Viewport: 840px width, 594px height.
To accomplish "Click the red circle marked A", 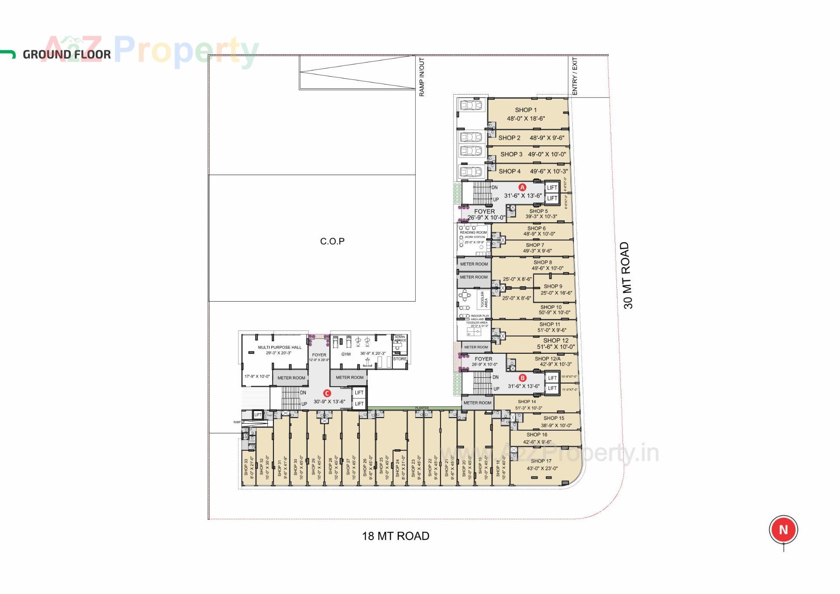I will [x=522, y=187].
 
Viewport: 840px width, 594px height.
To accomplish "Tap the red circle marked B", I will [x=522, y=378].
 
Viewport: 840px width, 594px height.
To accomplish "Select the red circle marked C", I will [x=327, y=393].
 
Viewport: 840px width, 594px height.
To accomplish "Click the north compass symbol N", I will [x=783, y=530].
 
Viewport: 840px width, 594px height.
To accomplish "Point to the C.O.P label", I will [x=332, y=241].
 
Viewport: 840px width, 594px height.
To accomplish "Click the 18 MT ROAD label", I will [x=395, y=536].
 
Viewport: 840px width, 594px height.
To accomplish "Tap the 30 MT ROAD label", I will [x=627, y=275].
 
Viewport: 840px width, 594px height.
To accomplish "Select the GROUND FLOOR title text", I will [x=67, y=55].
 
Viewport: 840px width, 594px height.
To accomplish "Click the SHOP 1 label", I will [x=525, y=110].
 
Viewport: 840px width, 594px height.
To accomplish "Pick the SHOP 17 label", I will [x=541, y=461].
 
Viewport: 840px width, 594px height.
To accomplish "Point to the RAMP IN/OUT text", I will [x=422, y=77].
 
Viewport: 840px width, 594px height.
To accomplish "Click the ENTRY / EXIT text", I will [x=575, y=76].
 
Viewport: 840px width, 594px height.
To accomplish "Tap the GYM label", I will [x=346, y=354].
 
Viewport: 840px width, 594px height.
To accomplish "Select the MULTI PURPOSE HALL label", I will [x=280, y=347].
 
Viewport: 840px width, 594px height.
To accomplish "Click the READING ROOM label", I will [x=473, y=232].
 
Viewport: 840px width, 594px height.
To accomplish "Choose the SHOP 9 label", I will [x=553, y=286].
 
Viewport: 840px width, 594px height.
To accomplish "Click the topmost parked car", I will [x=471, y=105].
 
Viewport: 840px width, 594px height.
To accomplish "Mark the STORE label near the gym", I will [x=399, y=359].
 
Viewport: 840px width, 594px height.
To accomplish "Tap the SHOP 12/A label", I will [x=547, y=359].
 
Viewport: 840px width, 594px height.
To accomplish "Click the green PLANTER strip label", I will [x=422, y=408].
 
